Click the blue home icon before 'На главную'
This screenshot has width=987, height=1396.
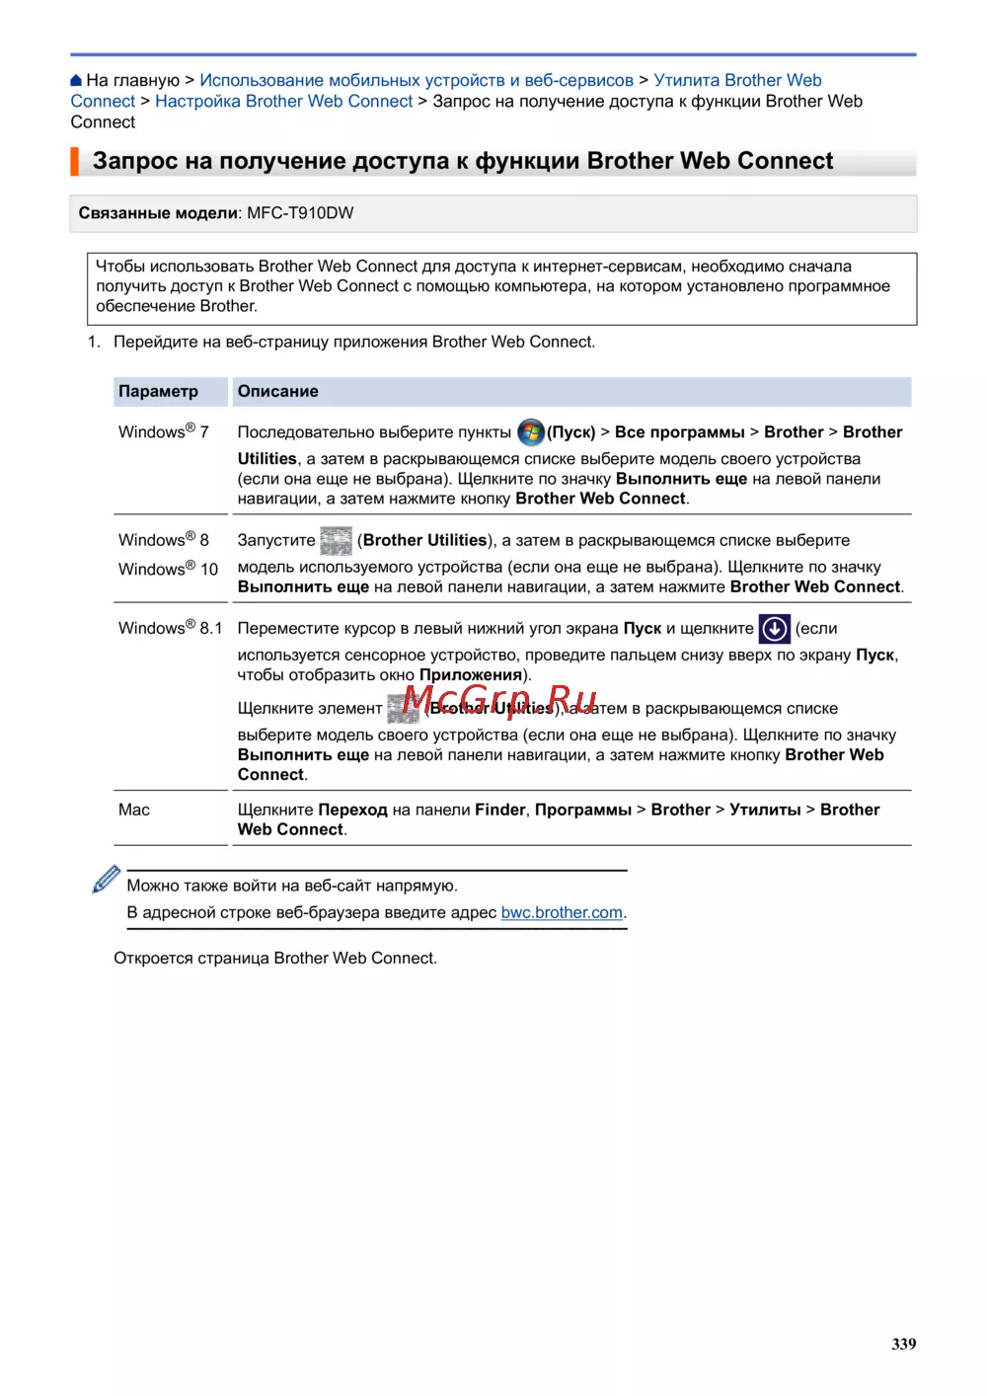click(x=76, y=81)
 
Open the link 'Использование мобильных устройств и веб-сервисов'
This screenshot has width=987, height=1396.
click(x=416, y=80)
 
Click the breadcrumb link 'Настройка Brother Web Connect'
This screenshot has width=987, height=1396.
click(x=283, y=101)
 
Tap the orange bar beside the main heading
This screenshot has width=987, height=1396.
click(x=74, y=161)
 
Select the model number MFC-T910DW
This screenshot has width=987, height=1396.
click(x=300, y=213)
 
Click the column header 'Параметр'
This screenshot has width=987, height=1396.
click(x=158, y=391)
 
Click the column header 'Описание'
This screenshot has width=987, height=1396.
click(x=277, y=391)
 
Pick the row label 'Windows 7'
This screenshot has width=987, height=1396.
click(x=163, y=431)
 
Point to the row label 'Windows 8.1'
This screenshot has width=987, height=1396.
click(x=170, y=628)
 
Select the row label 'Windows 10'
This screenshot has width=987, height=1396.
click(x=168, y=569)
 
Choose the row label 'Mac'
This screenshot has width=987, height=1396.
click(x=134, y=810)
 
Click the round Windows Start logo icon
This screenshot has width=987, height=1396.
click(x=531, y=431)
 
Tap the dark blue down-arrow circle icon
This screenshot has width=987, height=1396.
click(x=775, y=628)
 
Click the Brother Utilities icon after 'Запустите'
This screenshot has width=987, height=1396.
click(x=336, y=540)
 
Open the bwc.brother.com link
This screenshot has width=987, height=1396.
click(x=562, y=912)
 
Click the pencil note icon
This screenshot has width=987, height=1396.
click(x=106, y=879)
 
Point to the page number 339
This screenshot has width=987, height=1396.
click(x=903, y=1344)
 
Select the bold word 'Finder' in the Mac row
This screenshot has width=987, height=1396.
click(x=499, y=810)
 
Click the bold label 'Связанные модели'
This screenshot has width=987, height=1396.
click(x=158, y=213)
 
